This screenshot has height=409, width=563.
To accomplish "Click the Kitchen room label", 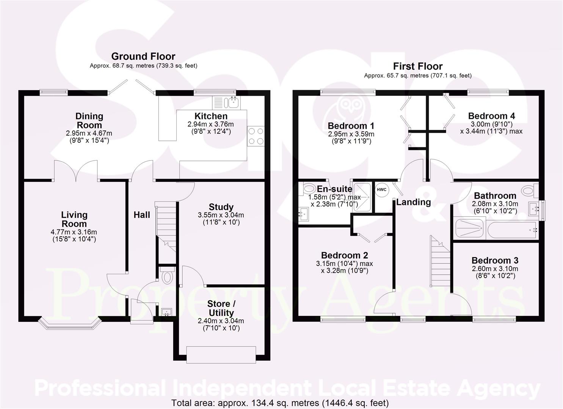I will coord(211,116).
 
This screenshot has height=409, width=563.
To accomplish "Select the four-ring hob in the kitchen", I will coord(256,136).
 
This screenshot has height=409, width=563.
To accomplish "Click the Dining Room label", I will coord(89,120).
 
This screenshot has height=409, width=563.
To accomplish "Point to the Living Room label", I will coord(74,219).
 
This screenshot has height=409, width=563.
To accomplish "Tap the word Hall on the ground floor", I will coord(142,215).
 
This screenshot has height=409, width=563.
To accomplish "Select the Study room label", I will coord(221,207).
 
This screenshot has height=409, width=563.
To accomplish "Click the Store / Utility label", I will coord(221,308).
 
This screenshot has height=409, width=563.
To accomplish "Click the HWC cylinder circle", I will coord(381,190).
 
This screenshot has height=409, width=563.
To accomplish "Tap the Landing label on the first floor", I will coord(414,202).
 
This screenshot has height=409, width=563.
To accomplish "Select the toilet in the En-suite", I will coord(309,188).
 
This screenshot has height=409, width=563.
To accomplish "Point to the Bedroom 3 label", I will coord(495,261).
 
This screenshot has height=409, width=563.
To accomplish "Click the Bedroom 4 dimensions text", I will coord(491,128).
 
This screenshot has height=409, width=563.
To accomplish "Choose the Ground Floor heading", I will coord(143,56).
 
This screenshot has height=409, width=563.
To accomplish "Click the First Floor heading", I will coord(418,66).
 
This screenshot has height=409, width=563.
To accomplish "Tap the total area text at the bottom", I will coord(280,403).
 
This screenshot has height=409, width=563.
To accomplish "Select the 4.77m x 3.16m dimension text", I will coord(74,232).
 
